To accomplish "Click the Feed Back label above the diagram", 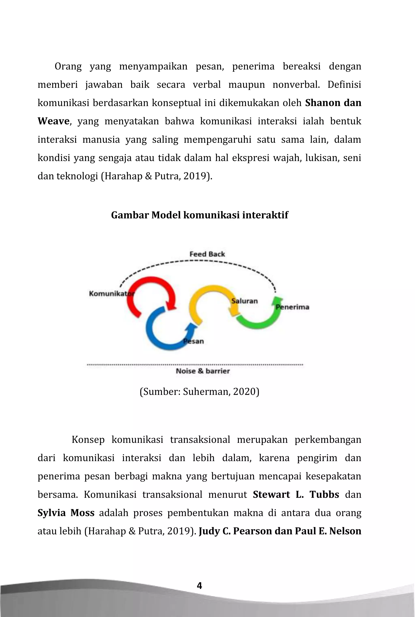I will point(207,254).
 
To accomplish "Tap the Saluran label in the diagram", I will point(244,301).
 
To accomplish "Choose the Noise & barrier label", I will point(203,371).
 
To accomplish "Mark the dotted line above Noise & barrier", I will point(195,365).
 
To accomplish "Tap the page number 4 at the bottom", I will point(200,586).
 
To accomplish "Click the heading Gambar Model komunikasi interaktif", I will point(199,215).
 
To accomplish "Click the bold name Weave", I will point(53,121).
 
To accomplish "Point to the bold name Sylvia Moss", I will point(66,513).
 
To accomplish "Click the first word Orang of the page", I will point(68,66).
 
